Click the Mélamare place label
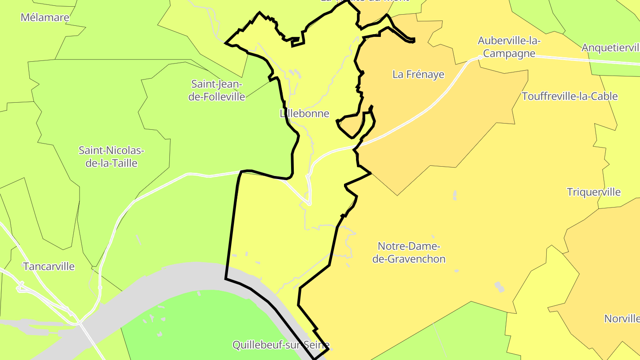click(x=45, y=18)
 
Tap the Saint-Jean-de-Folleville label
click(x=216, y=90)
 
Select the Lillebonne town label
click(x=305, y=113)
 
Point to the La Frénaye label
click(x=418, y=74)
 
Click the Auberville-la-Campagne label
click(x=509, y=47)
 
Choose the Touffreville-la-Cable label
click(x=569, y=96)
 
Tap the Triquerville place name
click(x=593, y=192)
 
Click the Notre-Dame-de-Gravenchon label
click(x=408, y=252)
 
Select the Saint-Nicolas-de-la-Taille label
click(x=112, y=156)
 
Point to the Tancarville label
click(x=49, y=267)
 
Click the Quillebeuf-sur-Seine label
click(x=281, y=345)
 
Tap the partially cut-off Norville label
click(x=622, y=319)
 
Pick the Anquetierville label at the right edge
click(x=611, y=48)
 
